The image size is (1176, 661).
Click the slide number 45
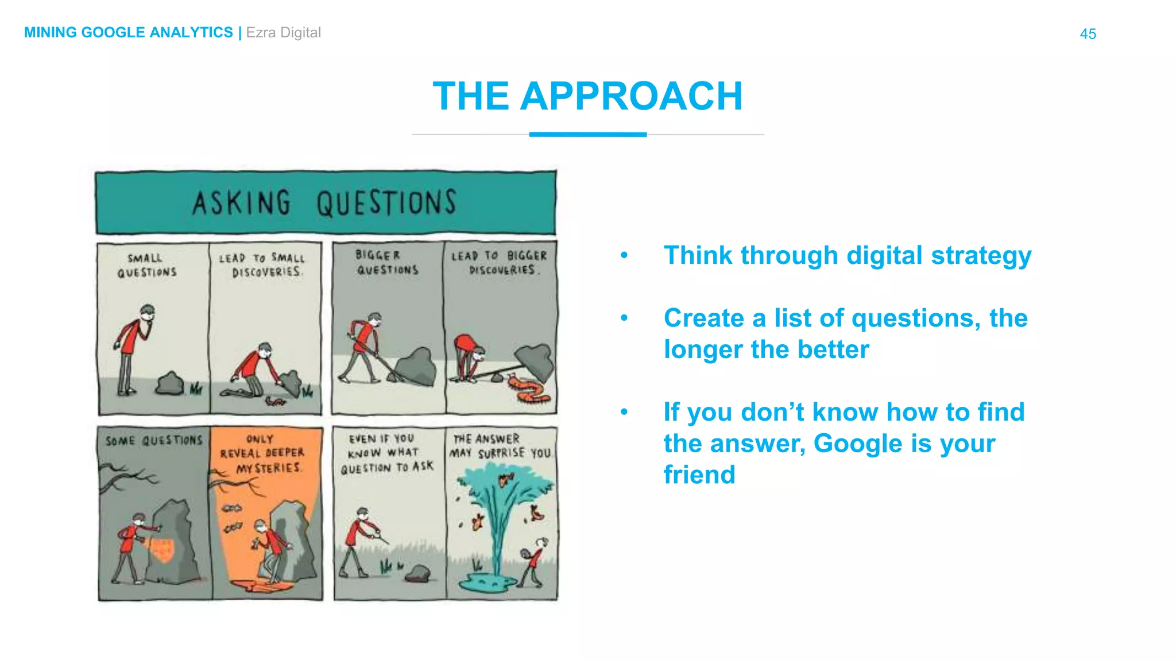[1088, 34]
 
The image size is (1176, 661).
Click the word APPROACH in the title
[631, 96]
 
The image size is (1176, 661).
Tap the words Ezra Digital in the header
[283, 33]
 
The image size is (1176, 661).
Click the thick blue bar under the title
[587, 135]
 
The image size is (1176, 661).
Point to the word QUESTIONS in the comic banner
[386, 203]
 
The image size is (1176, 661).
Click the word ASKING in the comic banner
[241, 203]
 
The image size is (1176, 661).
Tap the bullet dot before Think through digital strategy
[624, 255]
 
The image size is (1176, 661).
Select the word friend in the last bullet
[699, 475]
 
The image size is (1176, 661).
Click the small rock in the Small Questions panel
[169, 383]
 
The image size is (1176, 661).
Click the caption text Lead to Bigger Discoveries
[500, 263]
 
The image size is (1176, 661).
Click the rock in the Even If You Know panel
[419, 573]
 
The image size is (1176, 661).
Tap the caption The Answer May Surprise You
[500, 446]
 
